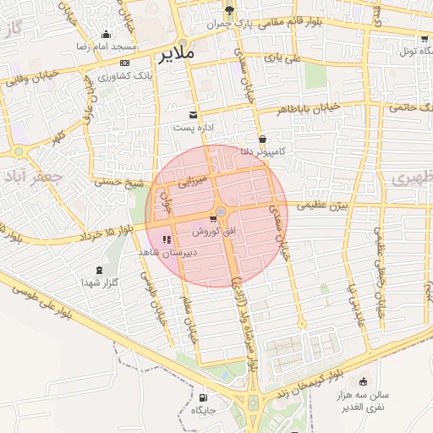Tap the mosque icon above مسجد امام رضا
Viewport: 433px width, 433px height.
tap(106, 35)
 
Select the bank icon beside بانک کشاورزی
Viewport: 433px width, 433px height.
tap(125, 63)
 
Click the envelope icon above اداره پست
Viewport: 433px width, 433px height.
tap(195, 114)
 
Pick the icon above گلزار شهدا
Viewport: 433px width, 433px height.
tap(101, 270)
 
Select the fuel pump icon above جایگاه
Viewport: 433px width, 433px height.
tap(203, 397)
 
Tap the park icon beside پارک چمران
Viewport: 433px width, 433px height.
tap(230, 11)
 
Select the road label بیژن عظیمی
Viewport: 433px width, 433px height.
tap(321, 205)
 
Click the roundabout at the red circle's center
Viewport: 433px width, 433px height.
tap(221, 211)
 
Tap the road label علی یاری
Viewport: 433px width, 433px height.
tap(282, 59)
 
